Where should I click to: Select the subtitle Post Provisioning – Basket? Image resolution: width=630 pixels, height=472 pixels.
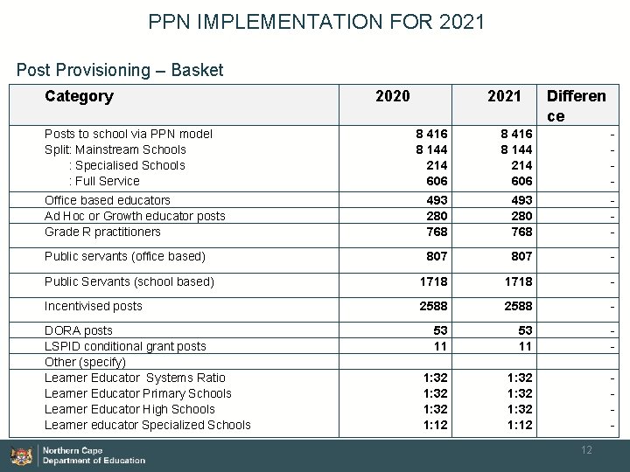click(120, 70)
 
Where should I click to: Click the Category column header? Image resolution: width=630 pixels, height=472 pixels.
click(79, 96)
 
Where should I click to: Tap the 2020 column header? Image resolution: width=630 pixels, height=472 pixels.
click(392, 96)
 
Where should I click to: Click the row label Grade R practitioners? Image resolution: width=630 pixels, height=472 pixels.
click(102, 232)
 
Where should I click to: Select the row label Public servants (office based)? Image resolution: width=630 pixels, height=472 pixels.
click(124, 256)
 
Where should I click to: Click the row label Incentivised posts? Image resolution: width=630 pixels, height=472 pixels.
click(93, 306)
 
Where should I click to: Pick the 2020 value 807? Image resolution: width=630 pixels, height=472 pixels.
click(437, 257)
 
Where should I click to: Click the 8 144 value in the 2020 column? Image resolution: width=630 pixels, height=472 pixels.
click(431, 149)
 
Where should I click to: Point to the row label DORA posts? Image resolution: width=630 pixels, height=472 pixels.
click(79, 330)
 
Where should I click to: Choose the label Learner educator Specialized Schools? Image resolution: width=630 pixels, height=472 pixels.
click(147, 425)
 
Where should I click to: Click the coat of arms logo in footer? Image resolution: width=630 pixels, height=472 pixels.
click(21, 455)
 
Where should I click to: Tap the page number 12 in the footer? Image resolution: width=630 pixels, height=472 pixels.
click(587, 449)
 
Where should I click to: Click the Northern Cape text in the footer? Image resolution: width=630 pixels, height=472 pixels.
click(73, 451)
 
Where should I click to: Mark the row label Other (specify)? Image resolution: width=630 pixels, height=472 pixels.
click(85, 362)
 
